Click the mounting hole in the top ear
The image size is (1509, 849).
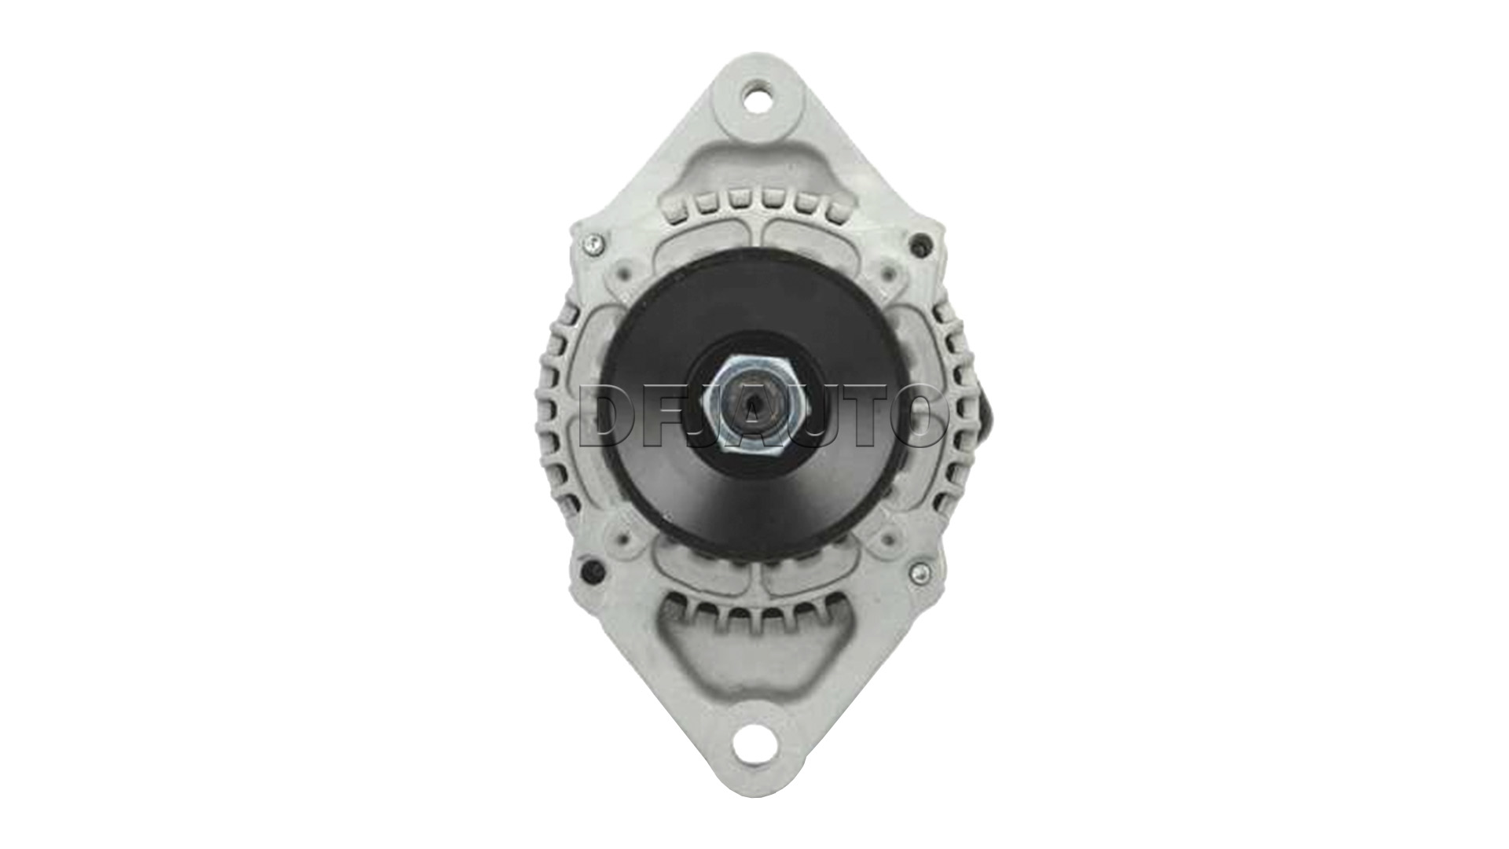(x=755, y=98)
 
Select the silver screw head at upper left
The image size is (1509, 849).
(x=593, y=244)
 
